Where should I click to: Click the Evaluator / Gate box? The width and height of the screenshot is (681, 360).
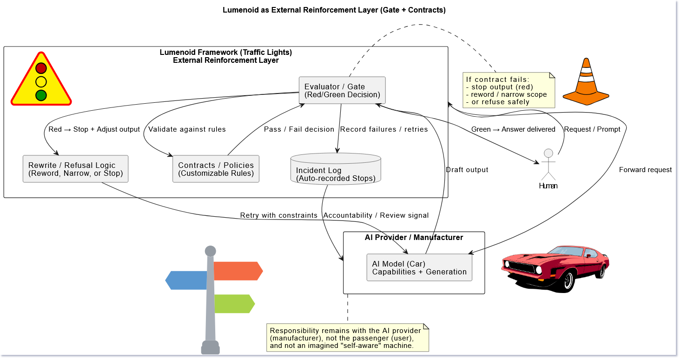[342, 90]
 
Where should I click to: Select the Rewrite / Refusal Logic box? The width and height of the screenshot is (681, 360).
[75, 169]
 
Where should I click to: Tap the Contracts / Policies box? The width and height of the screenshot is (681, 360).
[216, 169]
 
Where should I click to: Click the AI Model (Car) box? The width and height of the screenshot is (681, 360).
[419, 267]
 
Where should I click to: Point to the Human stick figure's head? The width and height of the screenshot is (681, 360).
[549, 153]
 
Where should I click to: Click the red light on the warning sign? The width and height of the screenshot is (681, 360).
[41, 68]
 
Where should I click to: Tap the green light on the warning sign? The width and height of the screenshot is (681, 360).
[41, 95]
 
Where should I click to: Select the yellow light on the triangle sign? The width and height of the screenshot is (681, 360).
[41, 82]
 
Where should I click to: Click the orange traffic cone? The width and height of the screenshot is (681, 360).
[586, 81]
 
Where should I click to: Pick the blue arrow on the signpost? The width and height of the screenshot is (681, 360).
[186, 280]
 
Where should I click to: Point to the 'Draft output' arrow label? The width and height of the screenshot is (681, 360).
[467, 170]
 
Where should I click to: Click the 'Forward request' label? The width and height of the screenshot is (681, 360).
[645, 170]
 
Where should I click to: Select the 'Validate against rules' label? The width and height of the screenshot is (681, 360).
[187, 129]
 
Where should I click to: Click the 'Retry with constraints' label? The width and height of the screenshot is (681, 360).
[278, 215]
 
